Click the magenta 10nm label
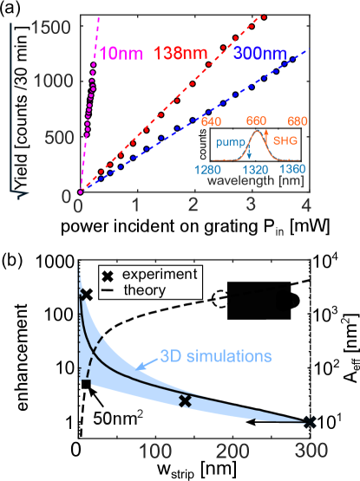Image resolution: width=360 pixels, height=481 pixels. pyautogui.click(x=119, y=51)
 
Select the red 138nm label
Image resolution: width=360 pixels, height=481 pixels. pyautogui.click(x=181, y=51)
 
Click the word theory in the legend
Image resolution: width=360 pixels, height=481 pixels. pyautogui.click(x=144, y=290)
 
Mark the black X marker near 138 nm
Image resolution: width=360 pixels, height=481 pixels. pyautogui.click(x=184, y=400)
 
